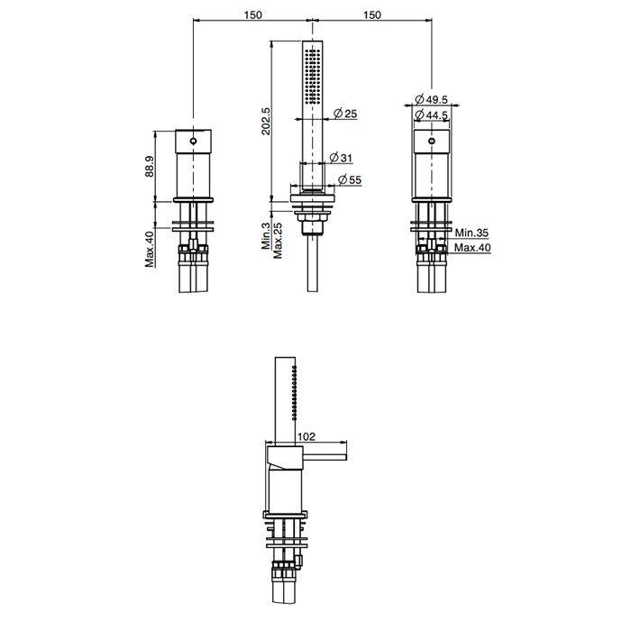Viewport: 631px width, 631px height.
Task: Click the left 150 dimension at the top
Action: pyautogui.click(x=252, y=15)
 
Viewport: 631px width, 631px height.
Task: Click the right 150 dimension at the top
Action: pyautogui.click(x=371, y=15)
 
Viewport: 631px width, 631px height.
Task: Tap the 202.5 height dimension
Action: pyautogui.click(x=266, y=121)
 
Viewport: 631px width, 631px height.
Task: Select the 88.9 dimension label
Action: pyautogui.click(x=150, y=167)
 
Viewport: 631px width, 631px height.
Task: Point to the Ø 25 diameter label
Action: pyautogui.click(x=345, y=114)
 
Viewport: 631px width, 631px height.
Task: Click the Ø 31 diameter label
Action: pyautogui.click(x=341, y=158)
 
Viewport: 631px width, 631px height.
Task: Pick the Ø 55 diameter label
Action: pyautogui.click(x=350, y=179)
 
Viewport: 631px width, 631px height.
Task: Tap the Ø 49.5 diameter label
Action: pyautogui.click(x=431, y=98)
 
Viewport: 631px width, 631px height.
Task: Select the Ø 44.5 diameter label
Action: pyautogui.click(x=431, y=115)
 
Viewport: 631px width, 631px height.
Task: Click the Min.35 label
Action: pyautogui.click(x=471, y=233)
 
